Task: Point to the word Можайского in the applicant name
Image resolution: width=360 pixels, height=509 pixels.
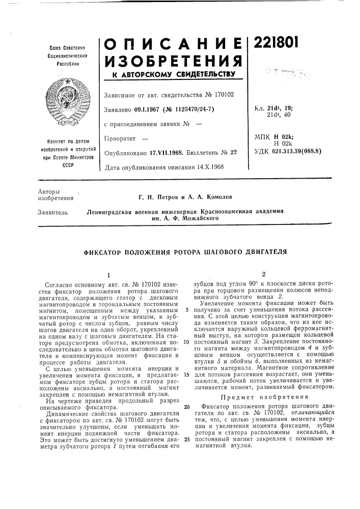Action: pyautogui.click(x=200, y=218)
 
